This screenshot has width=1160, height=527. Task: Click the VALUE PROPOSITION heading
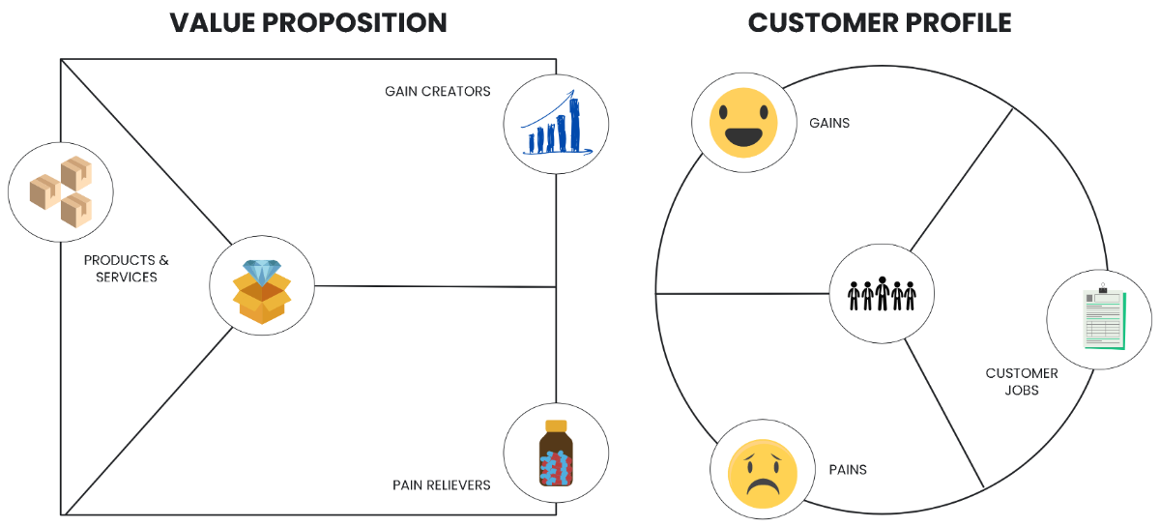308,22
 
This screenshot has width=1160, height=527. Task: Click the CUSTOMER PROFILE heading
880,22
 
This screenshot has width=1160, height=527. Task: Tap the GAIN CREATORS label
437,92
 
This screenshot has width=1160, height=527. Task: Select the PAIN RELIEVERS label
441,484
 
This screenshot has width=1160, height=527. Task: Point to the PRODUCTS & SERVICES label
126,269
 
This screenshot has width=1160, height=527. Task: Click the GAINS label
829,123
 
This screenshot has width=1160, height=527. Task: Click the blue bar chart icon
556,124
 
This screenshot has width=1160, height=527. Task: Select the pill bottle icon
556,454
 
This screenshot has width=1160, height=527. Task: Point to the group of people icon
882,292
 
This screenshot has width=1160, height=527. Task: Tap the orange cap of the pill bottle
556,425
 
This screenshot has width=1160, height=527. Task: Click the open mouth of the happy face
742,136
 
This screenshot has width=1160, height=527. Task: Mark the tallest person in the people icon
882,291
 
